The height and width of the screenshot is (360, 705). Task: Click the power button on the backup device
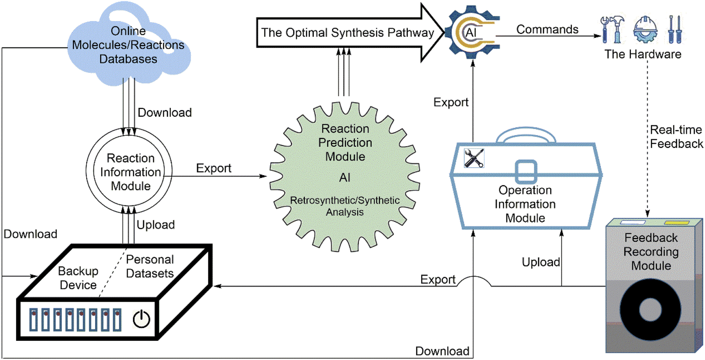(x=141, y=319)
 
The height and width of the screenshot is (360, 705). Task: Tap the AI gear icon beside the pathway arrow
(x=471, y=33)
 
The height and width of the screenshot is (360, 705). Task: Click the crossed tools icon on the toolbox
(x=474, y=158)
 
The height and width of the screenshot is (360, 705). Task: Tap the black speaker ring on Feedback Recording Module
(x=650, y=309)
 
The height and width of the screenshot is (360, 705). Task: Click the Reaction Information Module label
(x=130, y=172)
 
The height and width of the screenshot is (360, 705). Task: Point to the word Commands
(x=547, y=29)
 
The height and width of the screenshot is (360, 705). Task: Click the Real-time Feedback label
(x=676, y=137)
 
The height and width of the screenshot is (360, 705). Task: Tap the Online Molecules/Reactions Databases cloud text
(x=128, y=45)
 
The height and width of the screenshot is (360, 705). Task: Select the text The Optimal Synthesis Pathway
(x=347, y=33)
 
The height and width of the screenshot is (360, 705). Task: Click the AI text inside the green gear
(x=345, y=178)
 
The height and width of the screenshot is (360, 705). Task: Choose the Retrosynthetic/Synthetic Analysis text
(x=345, y=206)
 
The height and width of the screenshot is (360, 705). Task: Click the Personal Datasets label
(x=150, y=266)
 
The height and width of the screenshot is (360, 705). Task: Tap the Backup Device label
(x=78, y=278)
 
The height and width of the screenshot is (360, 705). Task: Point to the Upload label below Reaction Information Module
(x=156, y=225)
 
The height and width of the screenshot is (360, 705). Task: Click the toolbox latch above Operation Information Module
(x=526, y=171)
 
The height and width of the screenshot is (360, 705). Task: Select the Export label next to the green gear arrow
(x=214, y=168)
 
